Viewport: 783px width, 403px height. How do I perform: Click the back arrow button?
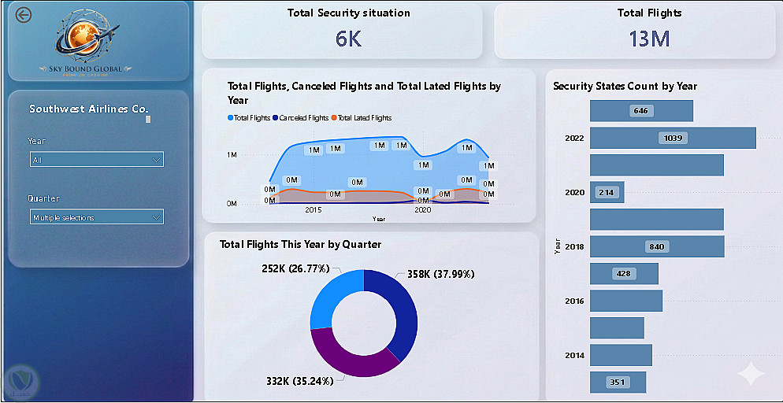24,15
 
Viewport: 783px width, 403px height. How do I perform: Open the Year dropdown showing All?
96,160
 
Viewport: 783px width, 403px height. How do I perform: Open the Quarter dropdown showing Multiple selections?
96,217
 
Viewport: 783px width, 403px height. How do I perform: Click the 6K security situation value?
348,39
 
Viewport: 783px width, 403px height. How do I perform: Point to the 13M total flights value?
649,39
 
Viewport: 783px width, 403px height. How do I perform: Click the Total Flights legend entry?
250,118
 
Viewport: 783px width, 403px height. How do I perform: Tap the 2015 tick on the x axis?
314,210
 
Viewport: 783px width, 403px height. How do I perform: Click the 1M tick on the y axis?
232,155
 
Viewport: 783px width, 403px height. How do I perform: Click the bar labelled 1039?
673,138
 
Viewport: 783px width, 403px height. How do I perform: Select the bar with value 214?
607,192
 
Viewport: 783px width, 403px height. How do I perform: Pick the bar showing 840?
656,246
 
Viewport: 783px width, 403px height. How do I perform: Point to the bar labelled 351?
618,383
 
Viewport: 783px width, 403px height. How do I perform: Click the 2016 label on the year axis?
574,301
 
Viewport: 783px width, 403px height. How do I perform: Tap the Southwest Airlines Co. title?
88,109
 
